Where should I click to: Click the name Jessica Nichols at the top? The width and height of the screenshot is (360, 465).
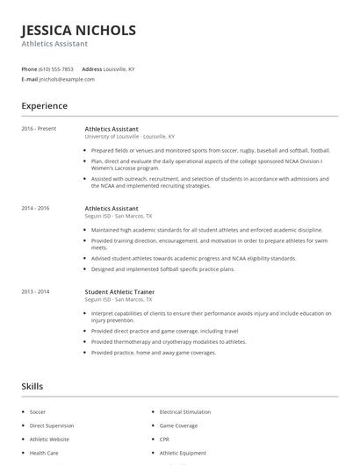point(79,30)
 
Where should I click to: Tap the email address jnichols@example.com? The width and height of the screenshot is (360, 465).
point(67,79)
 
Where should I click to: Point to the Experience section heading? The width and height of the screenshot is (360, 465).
point(45,106)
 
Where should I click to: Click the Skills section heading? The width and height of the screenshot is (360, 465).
point(32,385)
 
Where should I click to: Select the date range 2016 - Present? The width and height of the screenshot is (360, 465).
point(39,129)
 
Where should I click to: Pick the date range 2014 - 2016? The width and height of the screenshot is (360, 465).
point(35,208)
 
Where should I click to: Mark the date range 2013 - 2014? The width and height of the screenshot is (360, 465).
point(35,290)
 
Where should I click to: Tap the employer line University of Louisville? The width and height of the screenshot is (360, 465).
point(129,137)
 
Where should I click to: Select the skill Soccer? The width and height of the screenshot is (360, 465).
point(38,411)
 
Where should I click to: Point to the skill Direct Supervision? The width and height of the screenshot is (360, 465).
point(51,425)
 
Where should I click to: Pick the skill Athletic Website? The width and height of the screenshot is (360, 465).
point(49,439)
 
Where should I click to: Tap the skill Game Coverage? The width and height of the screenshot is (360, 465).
point(179,425)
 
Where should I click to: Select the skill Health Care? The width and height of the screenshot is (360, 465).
point(44,453)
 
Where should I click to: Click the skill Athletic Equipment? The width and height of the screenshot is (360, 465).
point(183,453)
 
